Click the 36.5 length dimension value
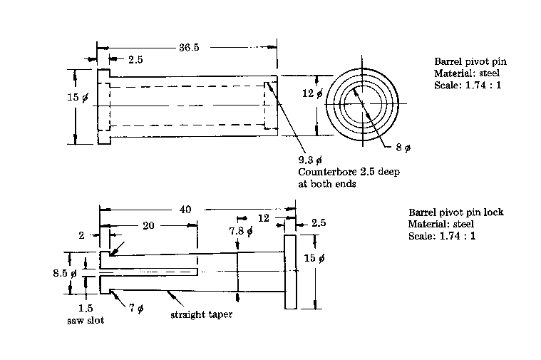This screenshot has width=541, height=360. tap(189, 47)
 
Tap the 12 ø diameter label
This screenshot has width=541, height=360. tap(313, 93)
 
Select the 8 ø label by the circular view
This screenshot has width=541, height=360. tap(403, 148)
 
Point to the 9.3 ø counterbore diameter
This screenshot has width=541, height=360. tap(310, 160)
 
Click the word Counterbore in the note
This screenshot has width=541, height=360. tap(324, 172)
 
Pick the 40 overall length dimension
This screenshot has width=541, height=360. tap(185, 209)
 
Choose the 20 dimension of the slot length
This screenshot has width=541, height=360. tap(148, 225)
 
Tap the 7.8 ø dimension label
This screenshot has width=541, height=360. tap(241, 230)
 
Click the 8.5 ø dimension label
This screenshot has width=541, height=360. tap(65, 273)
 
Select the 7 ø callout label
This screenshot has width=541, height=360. tap(137, 307)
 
